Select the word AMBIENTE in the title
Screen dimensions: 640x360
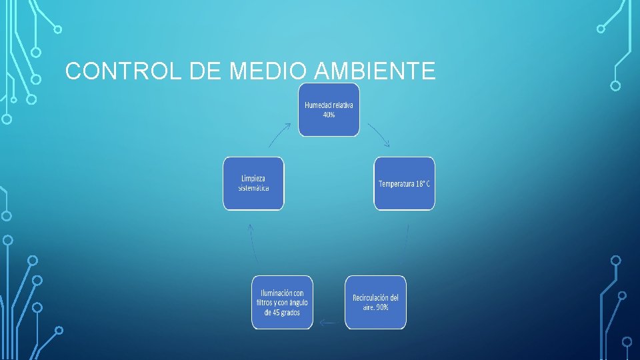click(x=375, y=71)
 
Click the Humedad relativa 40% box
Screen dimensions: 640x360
click(x=329, y=110)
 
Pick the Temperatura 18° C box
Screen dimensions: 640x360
click(x=404, y=183)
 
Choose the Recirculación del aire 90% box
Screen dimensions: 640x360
click(x=375, y=302)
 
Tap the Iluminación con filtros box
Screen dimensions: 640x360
click(x=282, y=302)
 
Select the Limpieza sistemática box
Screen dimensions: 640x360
click(x=253, y=183)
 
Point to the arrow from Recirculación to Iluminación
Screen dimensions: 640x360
click(x=328, y=323)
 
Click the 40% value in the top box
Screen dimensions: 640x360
click(x=329, y=115)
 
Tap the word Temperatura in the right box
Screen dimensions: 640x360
click(x=397, y=183)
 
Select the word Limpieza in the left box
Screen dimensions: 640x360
click(x=253, y=179)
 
